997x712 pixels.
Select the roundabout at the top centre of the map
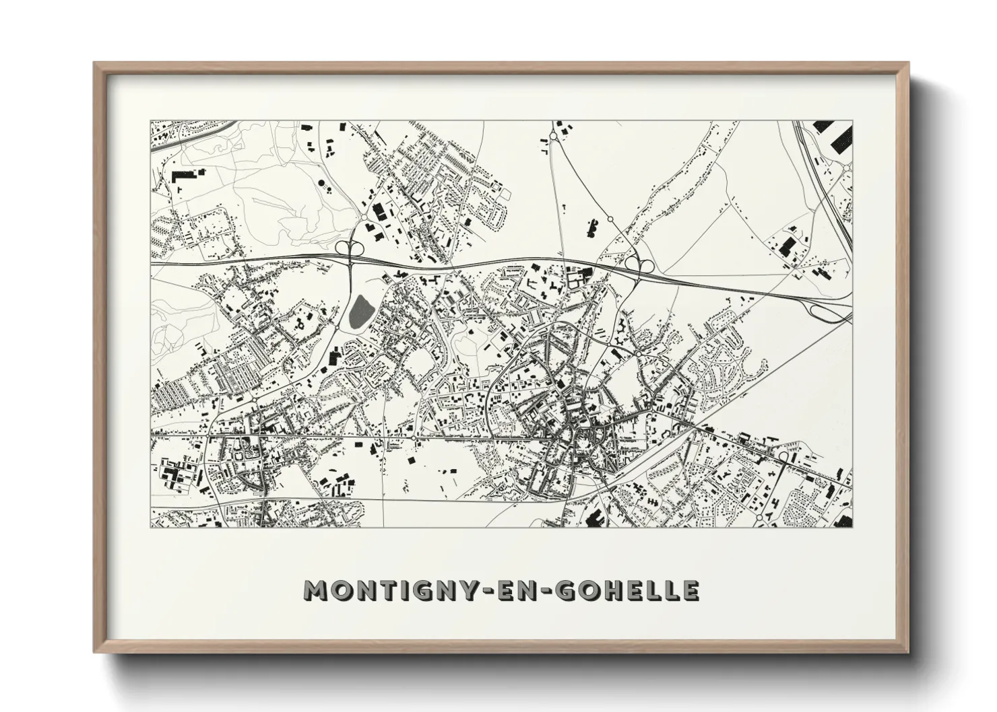[553, 137]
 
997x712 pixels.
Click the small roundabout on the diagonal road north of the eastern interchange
[610, 219]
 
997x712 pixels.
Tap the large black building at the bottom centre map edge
[596, 518]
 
